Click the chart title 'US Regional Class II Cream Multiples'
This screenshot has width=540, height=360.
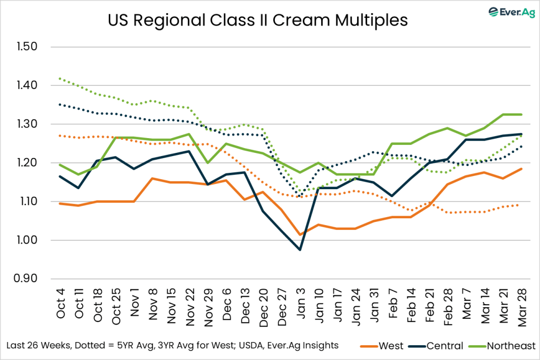pyautogui.click(x=258, y=21)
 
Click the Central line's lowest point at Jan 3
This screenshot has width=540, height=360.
pyautogui.click(x=300, y=250)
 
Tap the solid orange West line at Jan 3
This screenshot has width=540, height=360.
pyautogui.click(x=300, y=235)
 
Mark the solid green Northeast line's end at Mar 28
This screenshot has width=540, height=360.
pyautogui.click(x=521, y=114)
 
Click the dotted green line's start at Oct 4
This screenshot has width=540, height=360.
pyautogui.click(x=61, y=79)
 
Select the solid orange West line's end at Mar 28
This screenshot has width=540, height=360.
pyautogui.click(x=521, y=169)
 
